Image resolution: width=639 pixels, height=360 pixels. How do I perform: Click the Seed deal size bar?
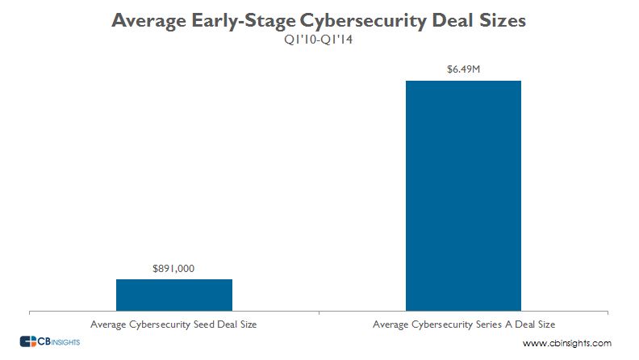coord(174,294)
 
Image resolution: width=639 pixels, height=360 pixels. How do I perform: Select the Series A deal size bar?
coord(463,195)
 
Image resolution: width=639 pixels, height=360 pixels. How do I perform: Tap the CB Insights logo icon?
coord(28,342)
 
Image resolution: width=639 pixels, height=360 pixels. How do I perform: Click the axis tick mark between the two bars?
coord(319,312)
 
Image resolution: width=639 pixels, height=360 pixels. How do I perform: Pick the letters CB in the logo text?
coord(48,342)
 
